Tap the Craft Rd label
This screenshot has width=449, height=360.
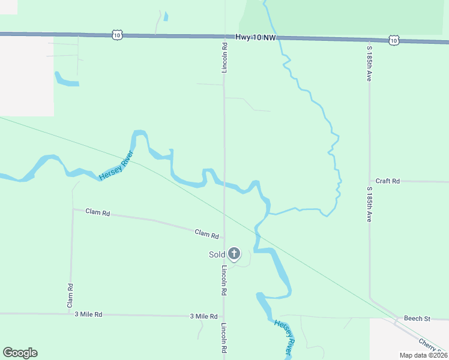pyautogui.click(x=387, y=181)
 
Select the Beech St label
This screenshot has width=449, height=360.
pyautogui.click(x=417, y=319)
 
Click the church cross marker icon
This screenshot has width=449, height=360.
pyautogui.click(x=234, y=254)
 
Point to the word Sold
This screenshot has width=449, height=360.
pyautogui.click(x=217, y=254)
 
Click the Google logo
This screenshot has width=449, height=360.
pyautogui.click(x=20, y=353)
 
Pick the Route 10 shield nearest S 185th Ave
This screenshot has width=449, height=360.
pyautogui.click(x=393, y=40)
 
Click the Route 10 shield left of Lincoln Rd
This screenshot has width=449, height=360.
pyautogui.click(x=117, y=35)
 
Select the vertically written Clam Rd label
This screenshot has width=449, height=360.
pyautogui.click(x=70, y=296)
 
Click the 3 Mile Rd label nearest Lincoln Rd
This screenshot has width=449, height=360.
pyautogui.click(x=203, y=316)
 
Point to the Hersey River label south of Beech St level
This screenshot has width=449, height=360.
pyautogui.click(x=286, y=334)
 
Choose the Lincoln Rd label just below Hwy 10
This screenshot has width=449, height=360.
pyautogui.click(x=224, y=58)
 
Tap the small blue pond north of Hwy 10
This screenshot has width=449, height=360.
pyautogui.click(x=166, y=17)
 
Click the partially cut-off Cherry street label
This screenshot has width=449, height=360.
pyautogui.click(x=433, y=345)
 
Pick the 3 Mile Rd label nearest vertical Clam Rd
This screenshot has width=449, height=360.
pyautogui.click(x=88, y=314)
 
